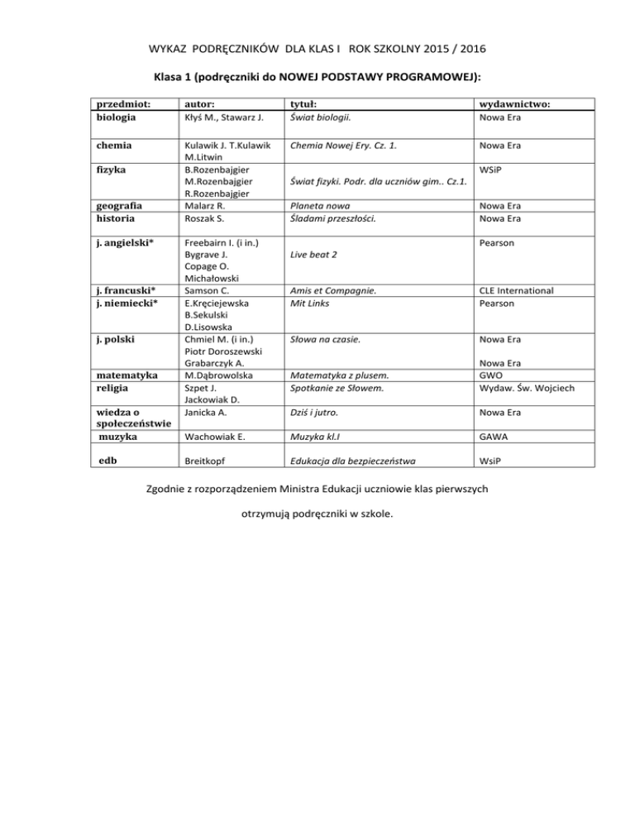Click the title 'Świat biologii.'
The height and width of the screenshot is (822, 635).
(x=322, y=117)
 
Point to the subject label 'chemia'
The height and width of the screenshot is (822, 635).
(x=116, y=145)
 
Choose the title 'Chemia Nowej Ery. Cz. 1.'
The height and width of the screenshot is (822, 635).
(x=341, y=145)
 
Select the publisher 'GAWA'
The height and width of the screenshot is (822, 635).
(x=495, y=435)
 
